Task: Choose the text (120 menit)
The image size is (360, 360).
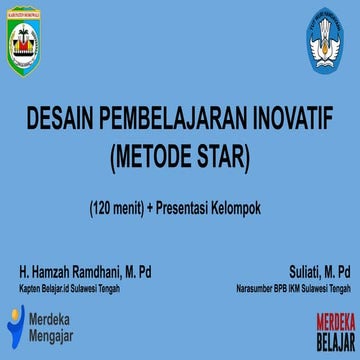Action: click(114, 208)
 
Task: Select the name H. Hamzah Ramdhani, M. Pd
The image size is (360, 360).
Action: click(85, 272)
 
